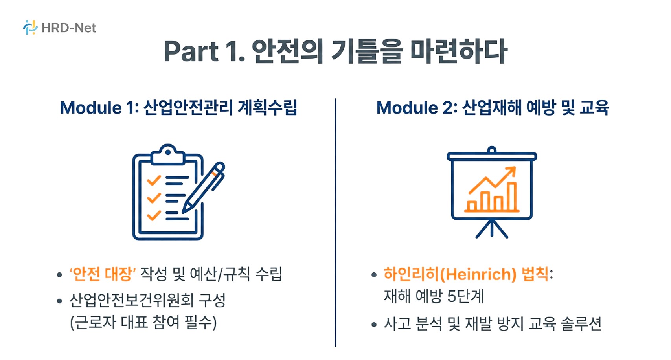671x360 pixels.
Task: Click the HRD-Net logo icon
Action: point(30,28)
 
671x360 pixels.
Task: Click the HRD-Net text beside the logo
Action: point(69,28)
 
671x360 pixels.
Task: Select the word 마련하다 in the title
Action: point(458,51)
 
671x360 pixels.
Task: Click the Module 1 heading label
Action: point(97,108)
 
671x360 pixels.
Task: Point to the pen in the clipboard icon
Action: point(204,187)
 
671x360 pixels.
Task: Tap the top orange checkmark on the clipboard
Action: point(154,180)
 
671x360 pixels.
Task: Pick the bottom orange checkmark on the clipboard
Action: point(154,215)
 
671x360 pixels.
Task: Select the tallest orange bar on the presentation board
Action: point(512,196)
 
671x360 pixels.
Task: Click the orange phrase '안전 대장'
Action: point(103,274)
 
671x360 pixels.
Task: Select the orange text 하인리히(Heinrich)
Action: point(450,274)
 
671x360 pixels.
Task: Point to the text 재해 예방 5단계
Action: point(434,296)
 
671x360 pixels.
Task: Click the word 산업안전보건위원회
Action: point(131,301)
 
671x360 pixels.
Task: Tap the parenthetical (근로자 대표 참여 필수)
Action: point(143,323)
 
